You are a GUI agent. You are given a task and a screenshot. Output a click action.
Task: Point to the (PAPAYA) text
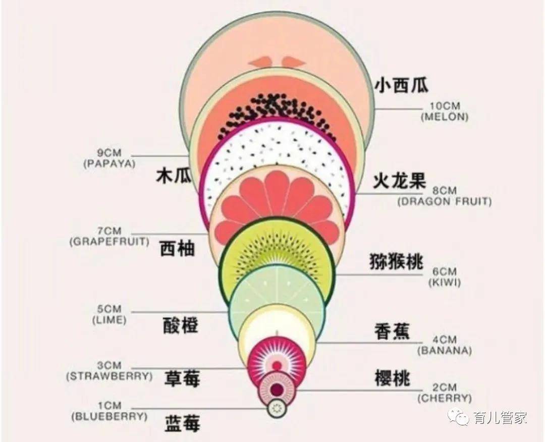pos(109,163)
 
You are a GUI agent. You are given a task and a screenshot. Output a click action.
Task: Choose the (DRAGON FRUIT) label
pos(445,201)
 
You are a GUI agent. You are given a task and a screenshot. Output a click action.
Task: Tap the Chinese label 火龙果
pos(399,181)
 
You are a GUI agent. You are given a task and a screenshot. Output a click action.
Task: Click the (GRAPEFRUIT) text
pos(109,242)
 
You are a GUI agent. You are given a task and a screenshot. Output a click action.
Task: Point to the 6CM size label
pos(445,271)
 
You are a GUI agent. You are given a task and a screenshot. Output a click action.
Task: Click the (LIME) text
pos(109,320)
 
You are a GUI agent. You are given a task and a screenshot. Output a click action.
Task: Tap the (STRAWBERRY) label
pos(109,376)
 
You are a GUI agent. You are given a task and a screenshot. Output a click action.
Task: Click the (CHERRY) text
pos(445,398)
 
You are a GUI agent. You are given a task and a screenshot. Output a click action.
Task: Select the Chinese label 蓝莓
pos(182,424)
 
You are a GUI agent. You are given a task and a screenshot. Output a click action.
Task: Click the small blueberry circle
pos(277,409)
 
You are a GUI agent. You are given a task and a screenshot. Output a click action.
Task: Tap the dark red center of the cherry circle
pos(277,390)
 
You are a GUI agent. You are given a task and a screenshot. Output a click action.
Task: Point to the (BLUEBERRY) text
pos(109,416)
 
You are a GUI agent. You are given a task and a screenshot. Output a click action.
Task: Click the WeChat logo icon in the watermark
pos(458,417)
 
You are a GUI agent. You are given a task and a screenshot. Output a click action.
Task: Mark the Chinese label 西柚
pos(177,248)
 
